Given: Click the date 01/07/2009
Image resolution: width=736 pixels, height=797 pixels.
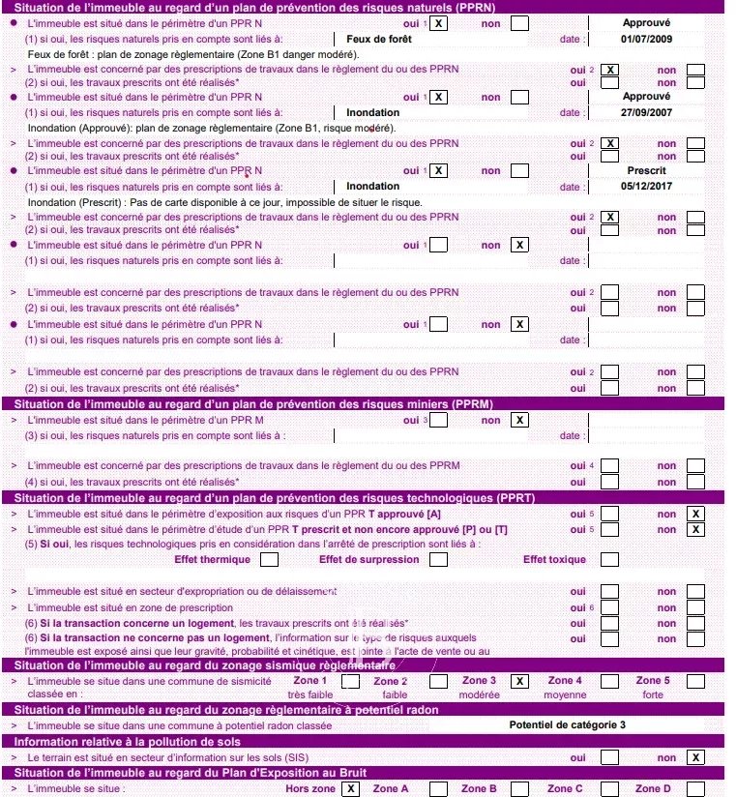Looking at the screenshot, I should tap(646, 39).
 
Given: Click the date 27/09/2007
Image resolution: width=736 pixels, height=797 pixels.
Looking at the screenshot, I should tap(646, 112).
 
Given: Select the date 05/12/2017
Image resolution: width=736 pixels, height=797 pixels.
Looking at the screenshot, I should tap(646, 186).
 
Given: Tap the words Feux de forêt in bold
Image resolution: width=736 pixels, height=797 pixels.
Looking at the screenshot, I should tap(378, 39).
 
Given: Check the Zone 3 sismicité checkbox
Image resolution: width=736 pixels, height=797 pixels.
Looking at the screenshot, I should tap(519, 681).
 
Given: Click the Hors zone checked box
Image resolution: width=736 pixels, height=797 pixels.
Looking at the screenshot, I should tap(350, 788).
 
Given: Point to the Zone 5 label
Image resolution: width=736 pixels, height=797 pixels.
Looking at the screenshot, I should tap(653, 681).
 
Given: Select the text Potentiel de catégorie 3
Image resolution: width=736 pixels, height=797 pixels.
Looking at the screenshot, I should tap(567, 724).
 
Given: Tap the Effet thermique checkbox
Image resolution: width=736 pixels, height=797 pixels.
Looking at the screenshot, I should tap(270, 559).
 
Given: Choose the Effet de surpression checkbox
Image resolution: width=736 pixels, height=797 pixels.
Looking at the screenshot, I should tap(437, 559).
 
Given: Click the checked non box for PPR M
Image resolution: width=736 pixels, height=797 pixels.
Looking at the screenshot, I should tap(519, 420).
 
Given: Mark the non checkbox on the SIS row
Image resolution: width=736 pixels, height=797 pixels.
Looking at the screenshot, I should tap(695, 757).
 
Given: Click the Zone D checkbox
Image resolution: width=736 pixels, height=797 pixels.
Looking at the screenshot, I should tap(695, 788).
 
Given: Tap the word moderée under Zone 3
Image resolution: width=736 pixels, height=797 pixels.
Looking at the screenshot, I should tap(479, 694).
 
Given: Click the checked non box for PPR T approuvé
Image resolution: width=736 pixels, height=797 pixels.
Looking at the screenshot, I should tap(695, 514).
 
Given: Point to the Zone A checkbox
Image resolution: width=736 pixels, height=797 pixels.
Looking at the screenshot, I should tap(438, 788).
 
